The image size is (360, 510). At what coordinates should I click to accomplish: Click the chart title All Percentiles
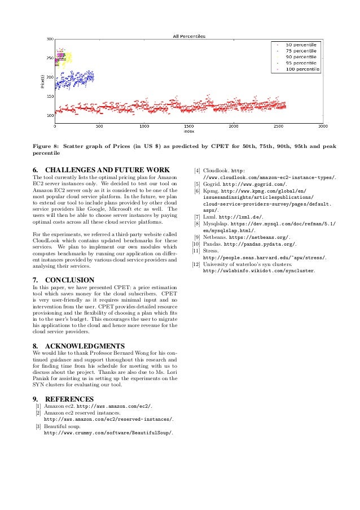(x=188, y=36)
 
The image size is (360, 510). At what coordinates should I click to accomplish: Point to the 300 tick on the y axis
(x=50, y=39)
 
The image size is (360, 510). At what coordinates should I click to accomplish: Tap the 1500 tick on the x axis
(x=188, y=127)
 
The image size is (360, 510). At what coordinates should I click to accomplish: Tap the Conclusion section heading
(x=70, y=280)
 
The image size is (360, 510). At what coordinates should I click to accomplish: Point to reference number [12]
(x=196, y=264)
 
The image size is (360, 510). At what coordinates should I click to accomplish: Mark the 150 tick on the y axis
(x=50, y=97)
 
